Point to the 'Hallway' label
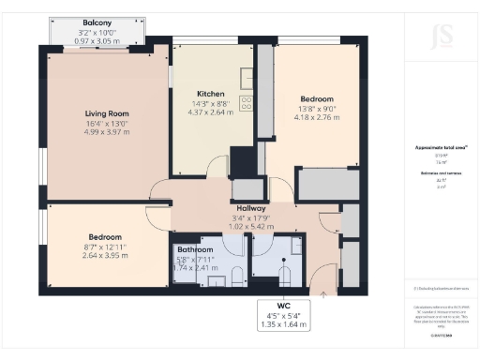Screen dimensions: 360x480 (251, 208)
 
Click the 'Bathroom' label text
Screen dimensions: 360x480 (196, 248)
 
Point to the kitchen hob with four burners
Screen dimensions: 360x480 (247, 103)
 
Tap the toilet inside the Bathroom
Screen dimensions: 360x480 (237, 274)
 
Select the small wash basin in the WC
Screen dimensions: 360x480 (260, 273)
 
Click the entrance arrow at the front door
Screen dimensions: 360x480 (324, 293)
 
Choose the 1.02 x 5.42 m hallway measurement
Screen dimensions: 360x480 (251, 226)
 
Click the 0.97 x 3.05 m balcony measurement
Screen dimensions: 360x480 (97, 41)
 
